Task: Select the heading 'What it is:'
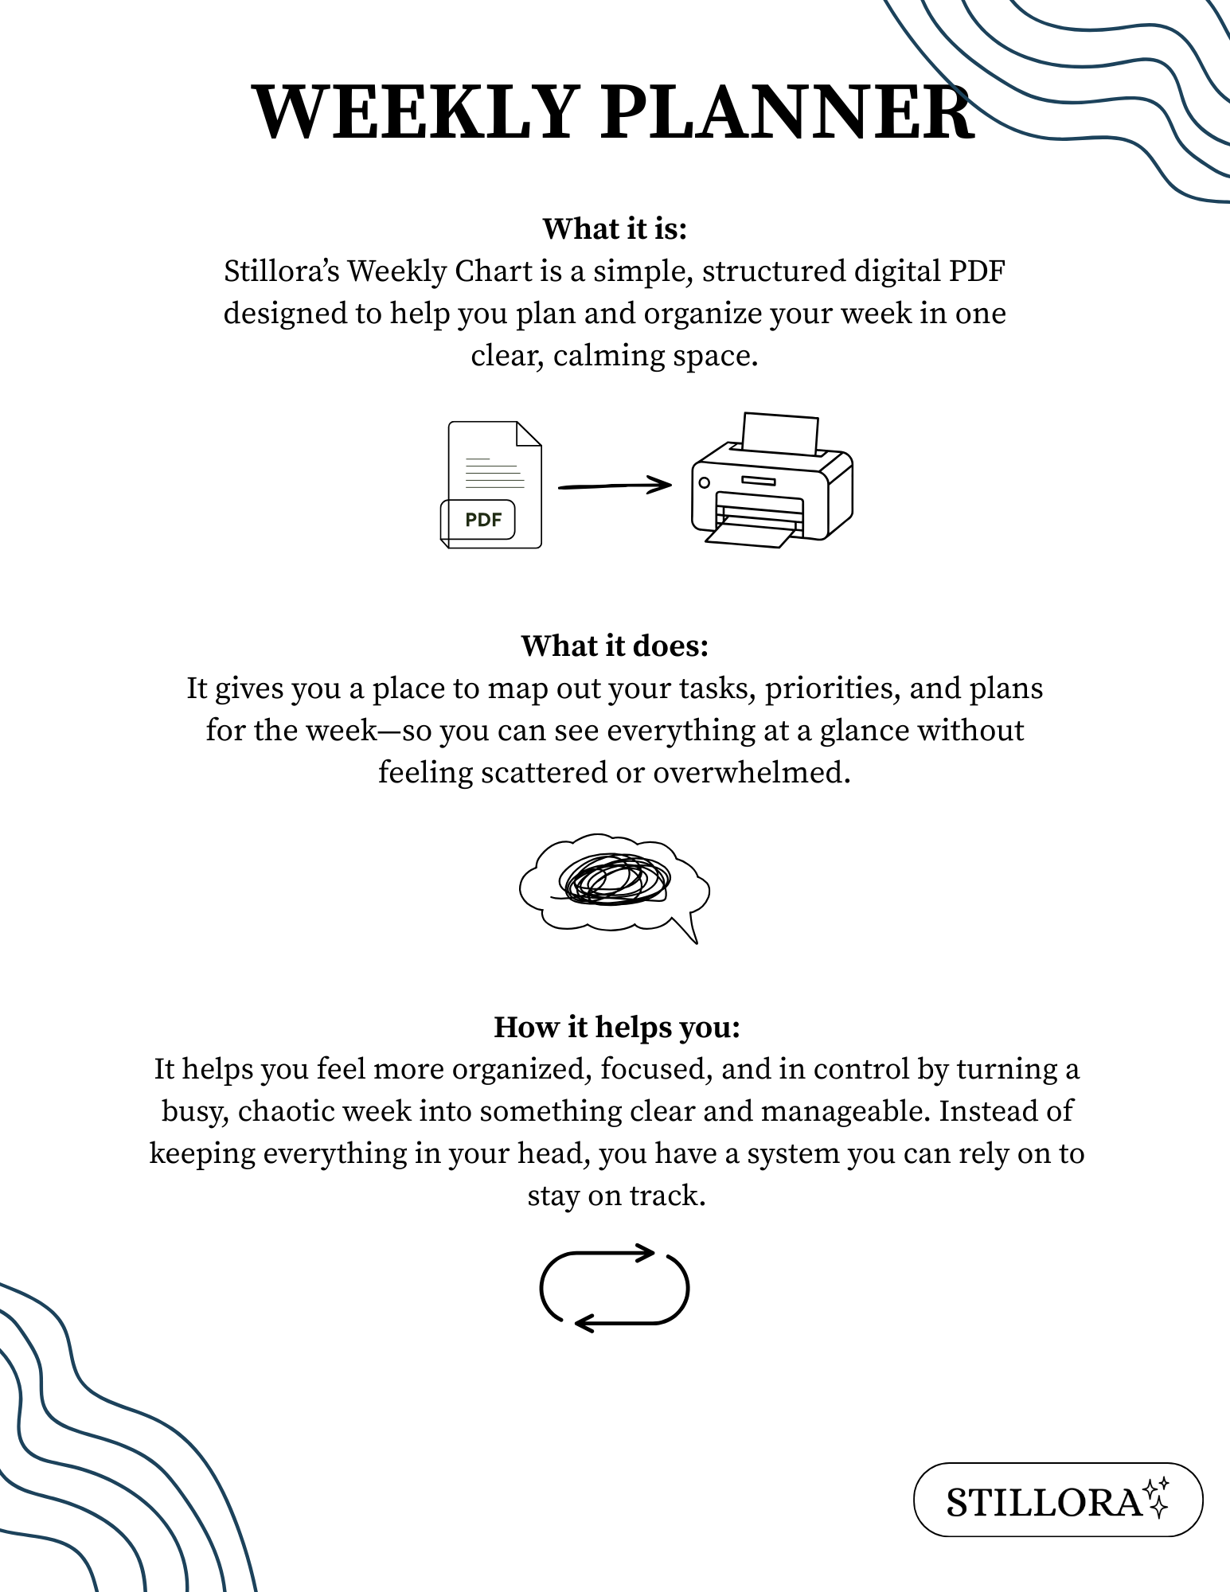[615, 228]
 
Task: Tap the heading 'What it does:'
[615, 646]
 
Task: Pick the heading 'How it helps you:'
[616, 1027]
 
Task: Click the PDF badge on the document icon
[482, 520]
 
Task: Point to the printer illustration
[772, 486]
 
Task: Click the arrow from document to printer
[615, 485]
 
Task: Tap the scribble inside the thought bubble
[615, 880]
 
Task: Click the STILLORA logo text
[1043, 1504]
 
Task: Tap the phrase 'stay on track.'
[616, 1196]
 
